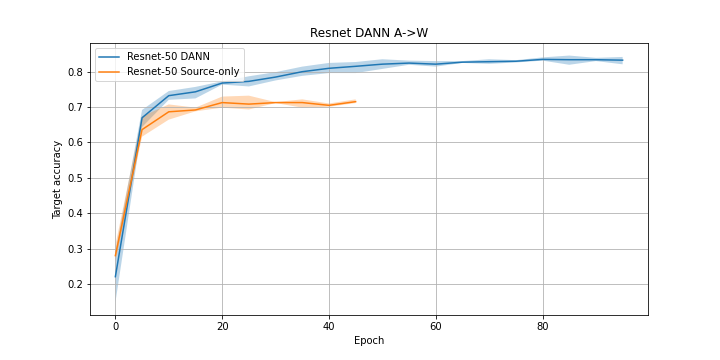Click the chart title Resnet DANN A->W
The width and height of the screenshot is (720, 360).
pyautogui.click(x=369, y=33)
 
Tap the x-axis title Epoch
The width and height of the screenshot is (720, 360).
pyautogui.click(x=369, y=340)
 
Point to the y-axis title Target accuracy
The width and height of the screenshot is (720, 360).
pyautogui.click(x=58, y=179)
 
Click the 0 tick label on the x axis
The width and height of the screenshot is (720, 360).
pyautogui.click(x=116, y=326)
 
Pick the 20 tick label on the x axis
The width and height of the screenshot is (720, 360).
pyautogui.click(x=222, y=326)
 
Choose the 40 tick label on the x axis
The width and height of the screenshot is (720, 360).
pyautogui.click(x=329, y=326)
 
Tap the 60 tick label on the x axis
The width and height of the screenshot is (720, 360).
pyautogui.click(x=436, y=326)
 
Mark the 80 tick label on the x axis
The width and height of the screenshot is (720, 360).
pyautogui.click(x=543, y=326)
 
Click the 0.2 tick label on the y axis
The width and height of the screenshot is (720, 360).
pyautogui.click(x=74, y=284)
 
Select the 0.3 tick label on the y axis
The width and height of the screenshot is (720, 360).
pyautogui.click(x=74, y=249)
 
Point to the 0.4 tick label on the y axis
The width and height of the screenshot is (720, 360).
pyautogui.click(x=74, y=214)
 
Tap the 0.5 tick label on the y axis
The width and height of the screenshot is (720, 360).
pyautogui.click(x=74, y=178)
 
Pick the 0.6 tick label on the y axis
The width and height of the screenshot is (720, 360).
pyautogui.click(x=74, y=143)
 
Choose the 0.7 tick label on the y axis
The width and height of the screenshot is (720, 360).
pyautogui.click(x=74, y=107)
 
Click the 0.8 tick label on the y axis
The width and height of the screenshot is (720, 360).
pyautogui.click(x=74, y=72)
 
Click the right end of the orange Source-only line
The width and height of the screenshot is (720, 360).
pyautogui.click(x=356, y=101)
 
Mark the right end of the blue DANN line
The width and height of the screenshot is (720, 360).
pyautogui.click(x=623, y=60)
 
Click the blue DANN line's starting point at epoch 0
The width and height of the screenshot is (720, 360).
pyautogui.click(x=116, y=276)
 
